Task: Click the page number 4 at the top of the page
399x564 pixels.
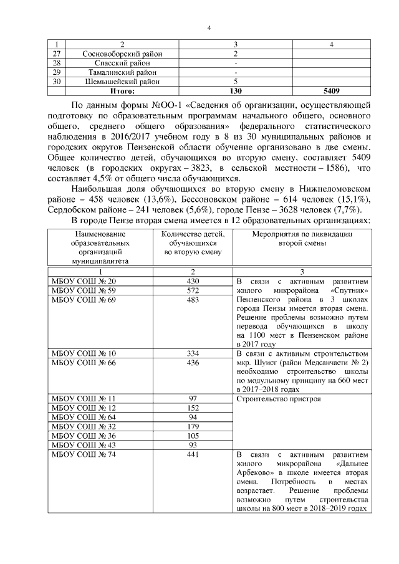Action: point(209,27)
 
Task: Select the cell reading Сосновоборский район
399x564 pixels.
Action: point(122,54)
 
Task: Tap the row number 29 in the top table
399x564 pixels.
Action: point(57,72)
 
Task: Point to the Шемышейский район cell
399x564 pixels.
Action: point(122,82)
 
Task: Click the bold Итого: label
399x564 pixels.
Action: point(122,91)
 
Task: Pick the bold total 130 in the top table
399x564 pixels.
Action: point(236,91)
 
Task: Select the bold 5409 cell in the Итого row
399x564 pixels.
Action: point(332,91)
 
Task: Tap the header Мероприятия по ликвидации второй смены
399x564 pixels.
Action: point(302,239)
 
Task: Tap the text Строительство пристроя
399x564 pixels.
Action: point(279,398)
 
